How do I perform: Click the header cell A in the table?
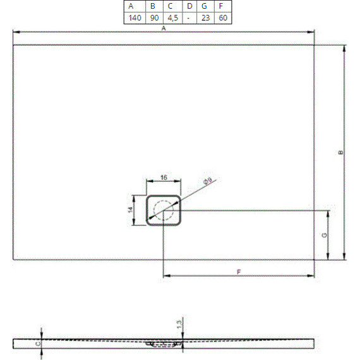pyautogui.click(x=134, y=6)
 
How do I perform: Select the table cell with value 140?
pyautogui.click(x=134, y=18)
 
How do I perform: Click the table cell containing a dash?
pyautogui.click(x=189, y=18)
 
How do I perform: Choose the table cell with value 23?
pyautogui.click(x=205, y=18)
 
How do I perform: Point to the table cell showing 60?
pyautogui.click(x=223, y=18)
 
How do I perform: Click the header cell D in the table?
pyautogui.click(x=189, y=6)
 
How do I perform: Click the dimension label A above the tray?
pyautogui.click(x=164, y=29)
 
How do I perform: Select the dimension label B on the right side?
pyautogui.click(x=340, y=153)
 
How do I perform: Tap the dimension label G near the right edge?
pyautogui.click(x=324, y=235)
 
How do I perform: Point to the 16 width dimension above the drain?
pyautogui.click(x=164, y=179)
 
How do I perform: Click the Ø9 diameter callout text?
pyautogui.click(x=207, y=183)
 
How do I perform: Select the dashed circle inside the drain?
pyautogui.click(x=164, y=210)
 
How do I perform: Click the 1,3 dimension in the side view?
pyautogui.click(x=179, y=325)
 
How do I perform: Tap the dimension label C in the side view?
pyautogui.click(x=37, y=344)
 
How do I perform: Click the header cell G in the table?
pyautogui.click(x=205, y=6)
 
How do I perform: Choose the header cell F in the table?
pyautogui.click(x=223, y=6)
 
